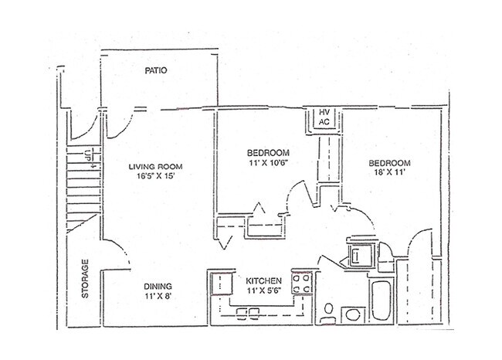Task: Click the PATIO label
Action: pyautogui.click(x=157, y=71)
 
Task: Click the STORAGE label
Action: pyautogui.click(x=86, y=279)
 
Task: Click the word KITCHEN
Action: pyautogui.click(x=263, y=280)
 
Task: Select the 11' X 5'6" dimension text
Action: pyautogui.click(x=263, y=291)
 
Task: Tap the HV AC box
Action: pyautogui.click(x=324, y=117)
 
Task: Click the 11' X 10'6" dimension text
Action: pyautogui.click(x=268, y=163)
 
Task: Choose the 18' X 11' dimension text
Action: pyautogui.click(x=390, y=174)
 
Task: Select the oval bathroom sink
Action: pyautogui.click(x=351, y=314)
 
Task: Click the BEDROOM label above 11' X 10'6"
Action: pyautogui.click(x=268, y=152)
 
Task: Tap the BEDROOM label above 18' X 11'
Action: pyautogui.click(x=390, y=163)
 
